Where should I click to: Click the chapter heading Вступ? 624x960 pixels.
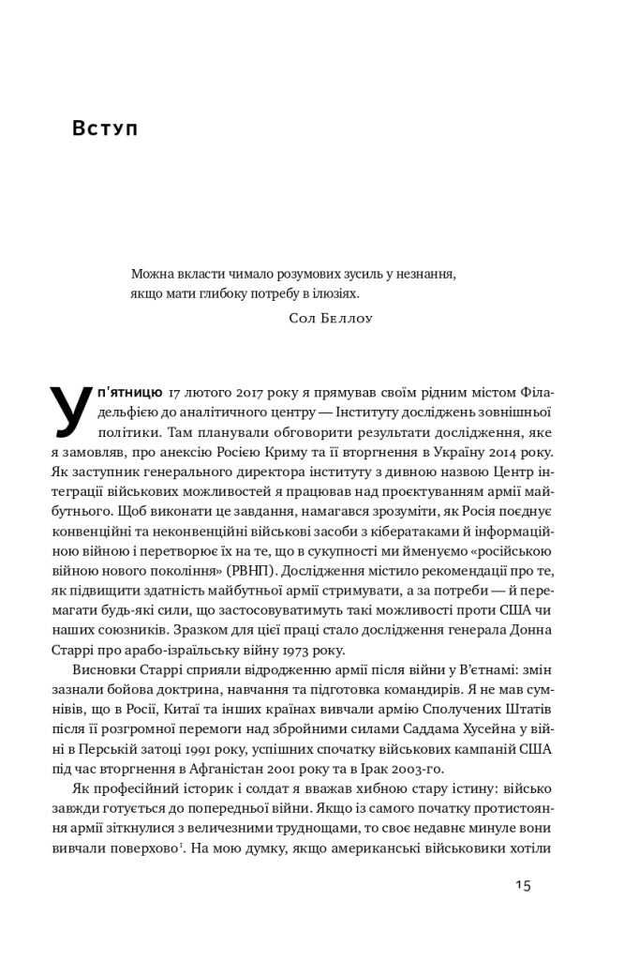pyautogui.click(x=105, y=128)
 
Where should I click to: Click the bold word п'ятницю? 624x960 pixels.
pyautogui.click(x=129, y=390)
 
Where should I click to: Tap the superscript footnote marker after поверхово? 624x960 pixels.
pyautogui.click(x=180, y=845)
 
